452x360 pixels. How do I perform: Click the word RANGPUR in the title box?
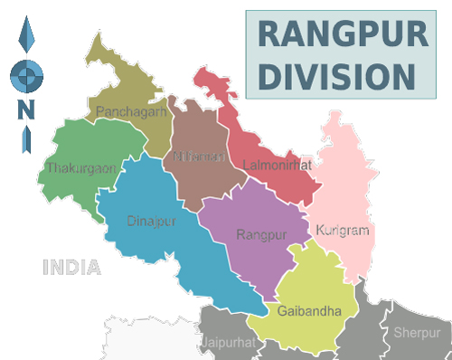(x=342, y=34)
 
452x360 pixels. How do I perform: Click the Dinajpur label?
(x=151, y=219)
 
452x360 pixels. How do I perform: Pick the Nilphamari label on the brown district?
(x=199, y=157)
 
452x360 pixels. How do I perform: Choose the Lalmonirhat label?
(x=277, y=166)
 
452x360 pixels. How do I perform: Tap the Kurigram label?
(x=343, y=231)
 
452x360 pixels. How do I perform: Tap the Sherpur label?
(x=415, y=333)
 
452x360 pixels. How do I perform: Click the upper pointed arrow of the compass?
(x=26, y=38)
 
